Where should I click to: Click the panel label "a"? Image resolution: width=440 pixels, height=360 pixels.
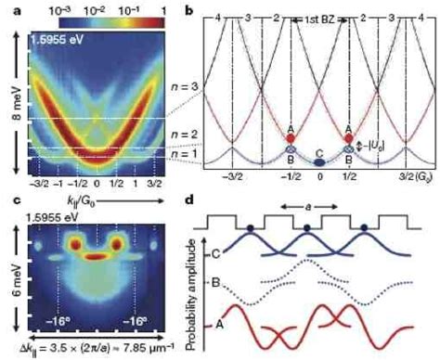click(x=7, y=7)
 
